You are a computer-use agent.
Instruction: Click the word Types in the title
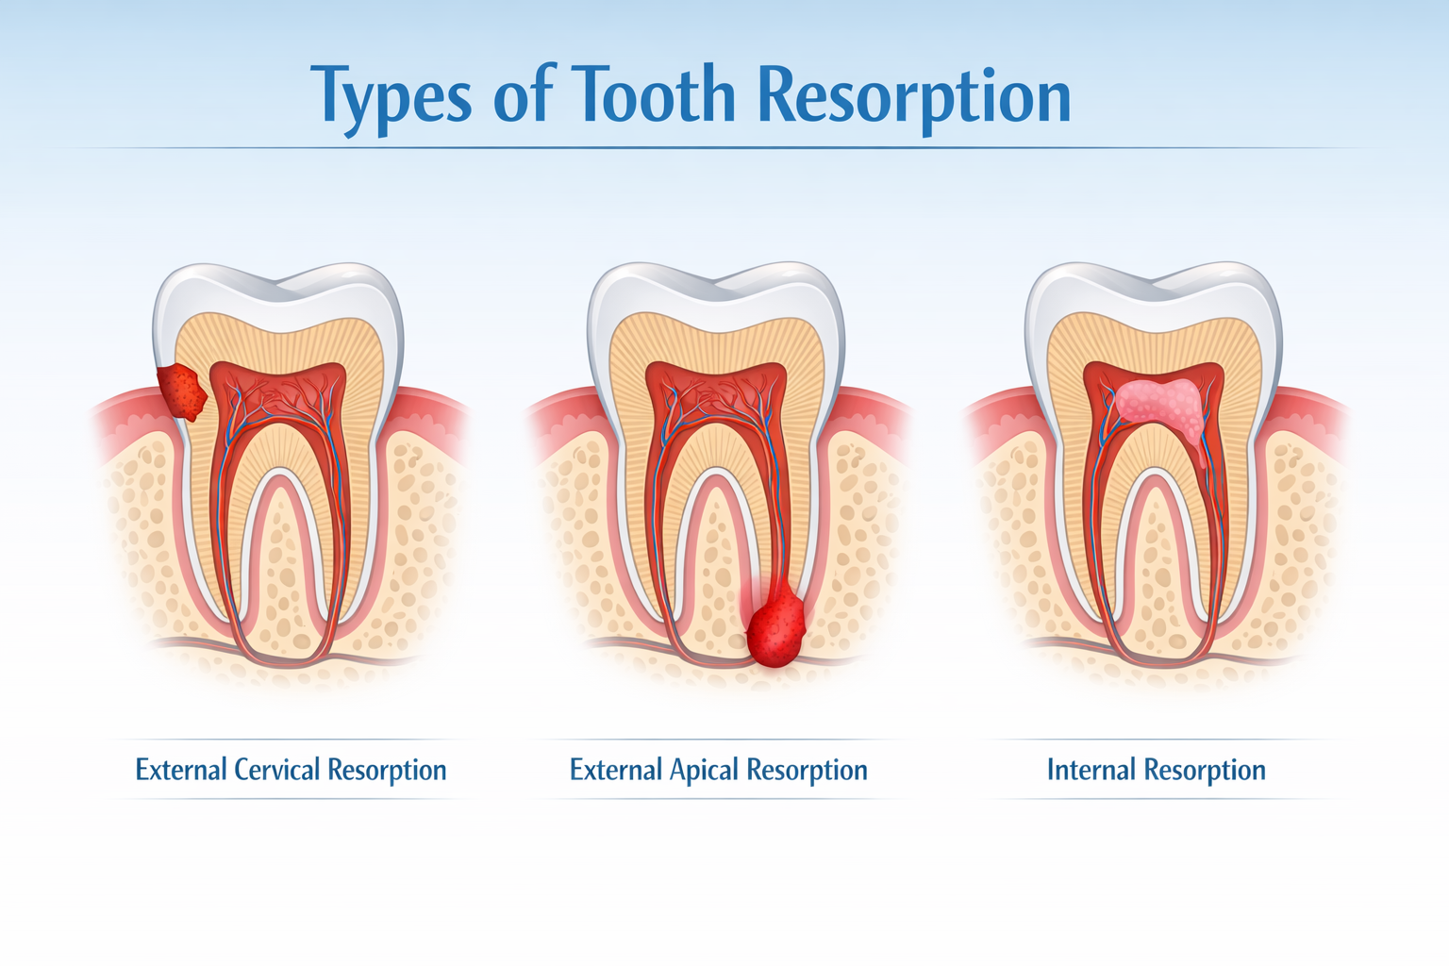392,97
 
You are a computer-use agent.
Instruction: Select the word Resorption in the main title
914,97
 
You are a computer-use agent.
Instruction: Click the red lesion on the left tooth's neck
181,392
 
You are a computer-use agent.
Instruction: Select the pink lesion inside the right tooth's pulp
1159,403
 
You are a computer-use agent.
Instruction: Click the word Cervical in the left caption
276,770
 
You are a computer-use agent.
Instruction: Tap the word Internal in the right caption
1091,770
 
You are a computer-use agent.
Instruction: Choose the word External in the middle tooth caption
615,770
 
